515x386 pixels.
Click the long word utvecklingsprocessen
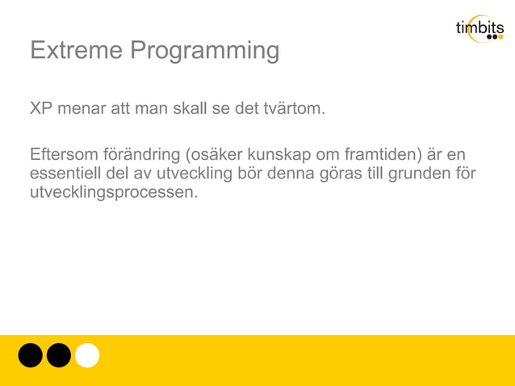point(113,194)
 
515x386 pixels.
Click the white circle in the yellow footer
point(87,355)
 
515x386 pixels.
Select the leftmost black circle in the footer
point(30,355)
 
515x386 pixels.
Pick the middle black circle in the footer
point(58,355)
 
